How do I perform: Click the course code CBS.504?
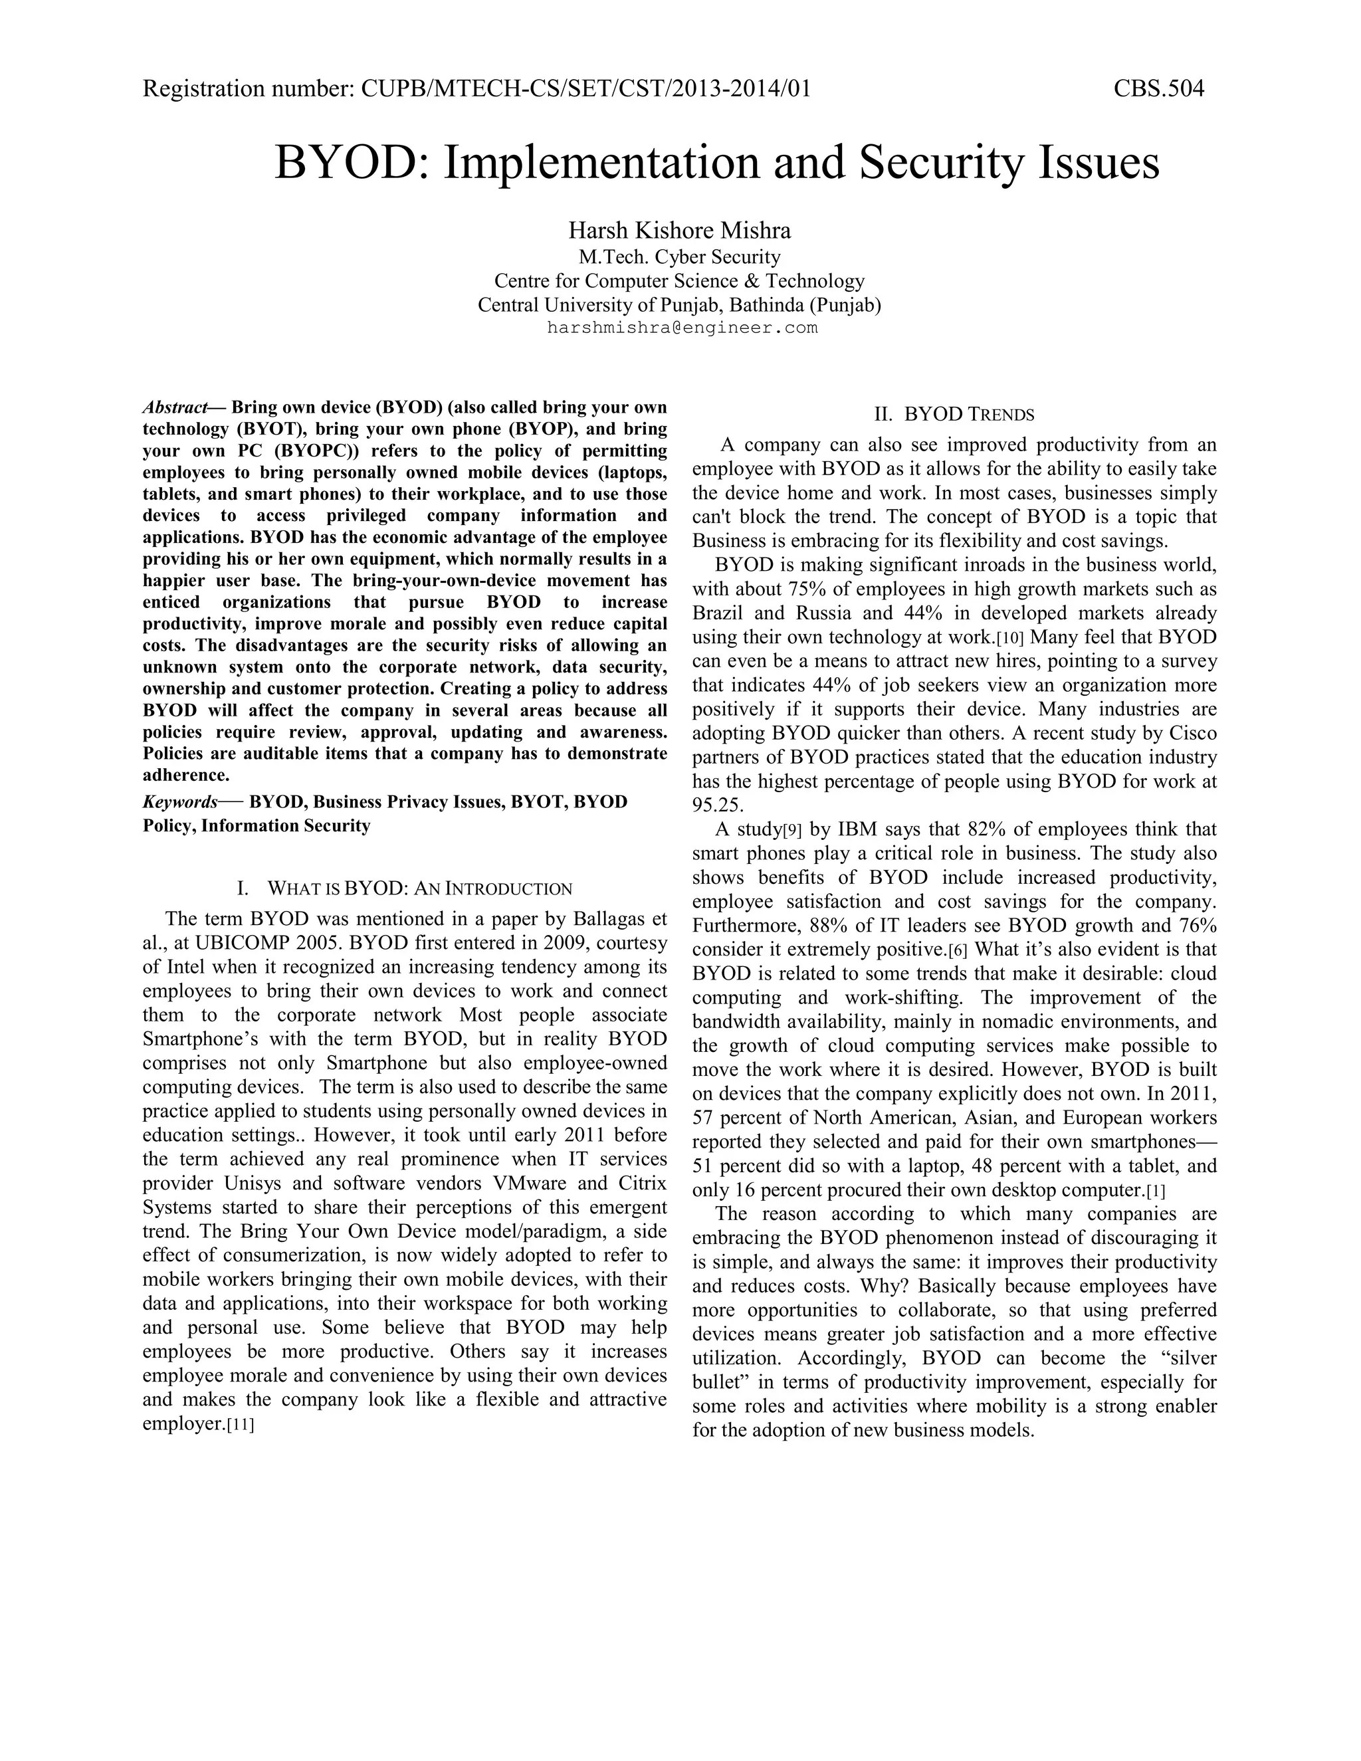click(1158, 88)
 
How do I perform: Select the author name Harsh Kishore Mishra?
click(679, 231)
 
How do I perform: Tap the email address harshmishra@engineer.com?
click(682, 328)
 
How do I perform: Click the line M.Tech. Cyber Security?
click(679, 257)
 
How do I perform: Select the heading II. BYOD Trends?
click(954, 415)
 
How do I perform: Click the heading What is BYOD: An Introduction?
click(405, 888)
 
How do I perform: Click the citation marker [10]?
click(1010, 639)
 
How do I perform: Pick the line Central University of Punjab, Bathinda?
click(679, 305)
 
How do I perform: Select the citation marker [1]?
click(1156, 1191)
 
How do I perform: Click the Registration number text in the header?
click(476, 88)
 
